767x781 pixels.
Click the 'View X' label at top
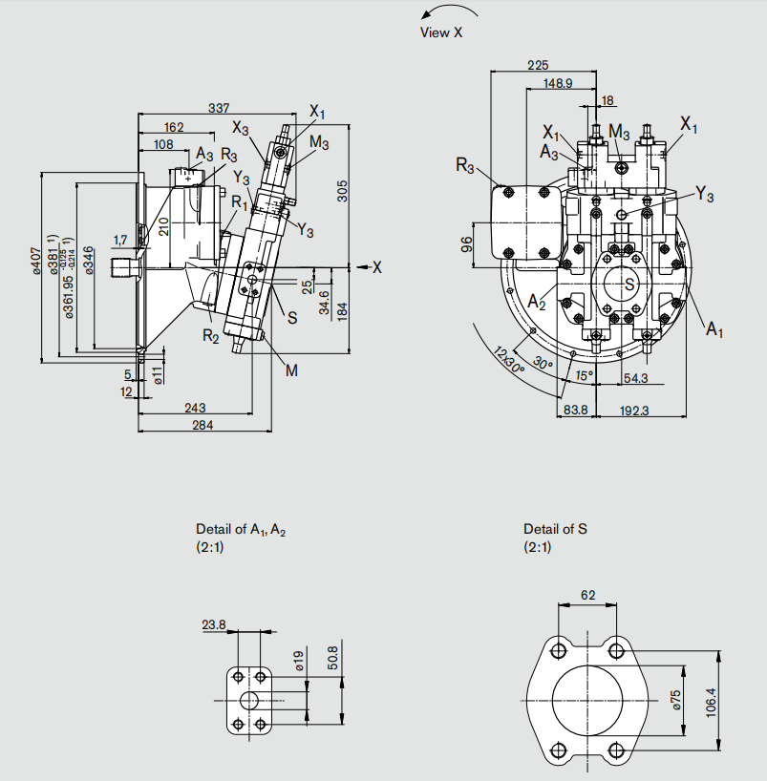440,32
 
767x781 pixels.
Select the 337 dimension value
219,108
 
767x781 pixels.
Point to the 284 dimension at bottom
202,425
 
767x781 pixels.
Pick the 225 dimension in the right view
538,66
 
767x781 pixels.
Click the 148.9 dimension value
558,83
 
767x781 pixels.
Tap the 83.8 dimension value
575,410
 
